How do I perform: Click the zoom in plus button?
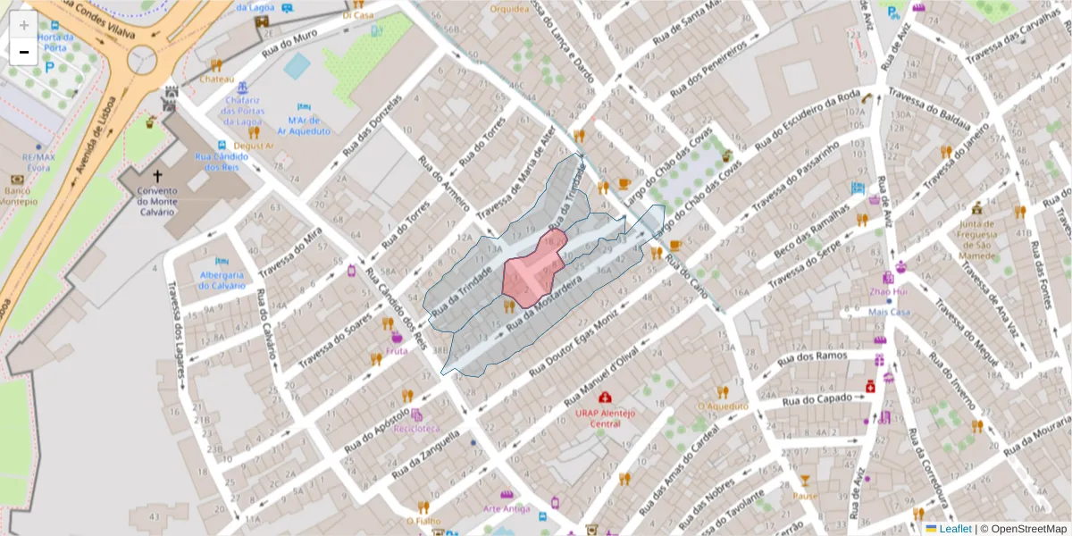(23, 25)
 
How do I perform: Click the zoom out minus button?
(23, 52)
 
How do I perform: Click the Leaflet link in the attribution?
(954, 529)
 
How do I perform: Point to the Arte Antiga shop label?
(506, 508)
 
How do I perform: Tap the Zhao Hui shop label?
(889, 291)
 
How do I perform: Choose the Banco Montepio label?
(18, 196)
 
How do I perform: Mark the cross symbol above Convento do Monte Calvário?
(158, 176)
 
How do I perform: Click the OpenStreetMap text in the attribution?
(1024, 529)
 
